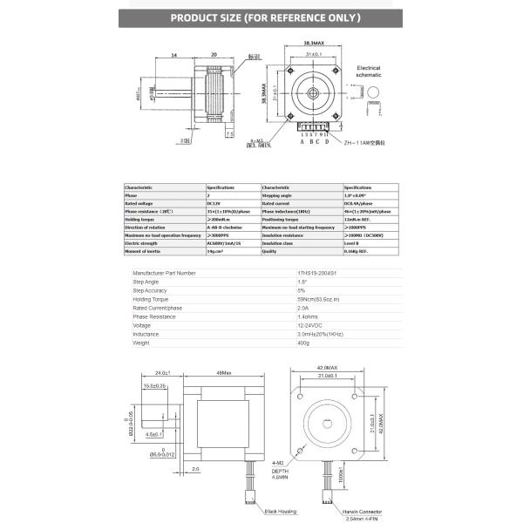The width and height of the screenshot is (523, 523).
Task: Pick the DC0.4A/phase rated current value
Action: click(360, 203)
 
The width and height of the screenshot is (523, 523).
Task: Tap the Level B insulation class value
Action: click(355, 243)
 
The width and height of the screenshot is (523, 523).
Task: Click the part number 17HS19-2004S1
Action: click(328, 273)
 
